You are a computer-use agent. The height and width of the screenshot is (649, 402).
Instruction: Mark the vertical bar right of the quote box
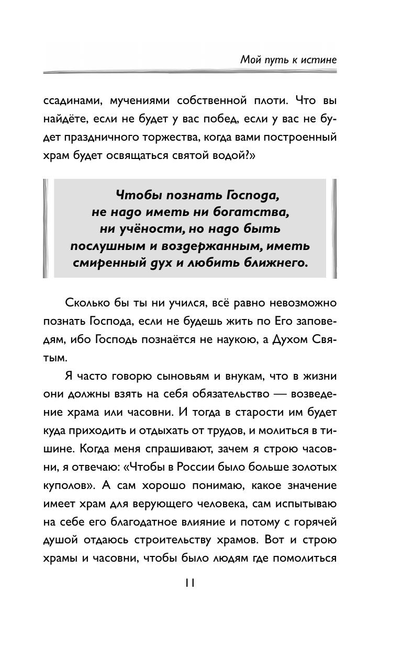click(x=333, y=228)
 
